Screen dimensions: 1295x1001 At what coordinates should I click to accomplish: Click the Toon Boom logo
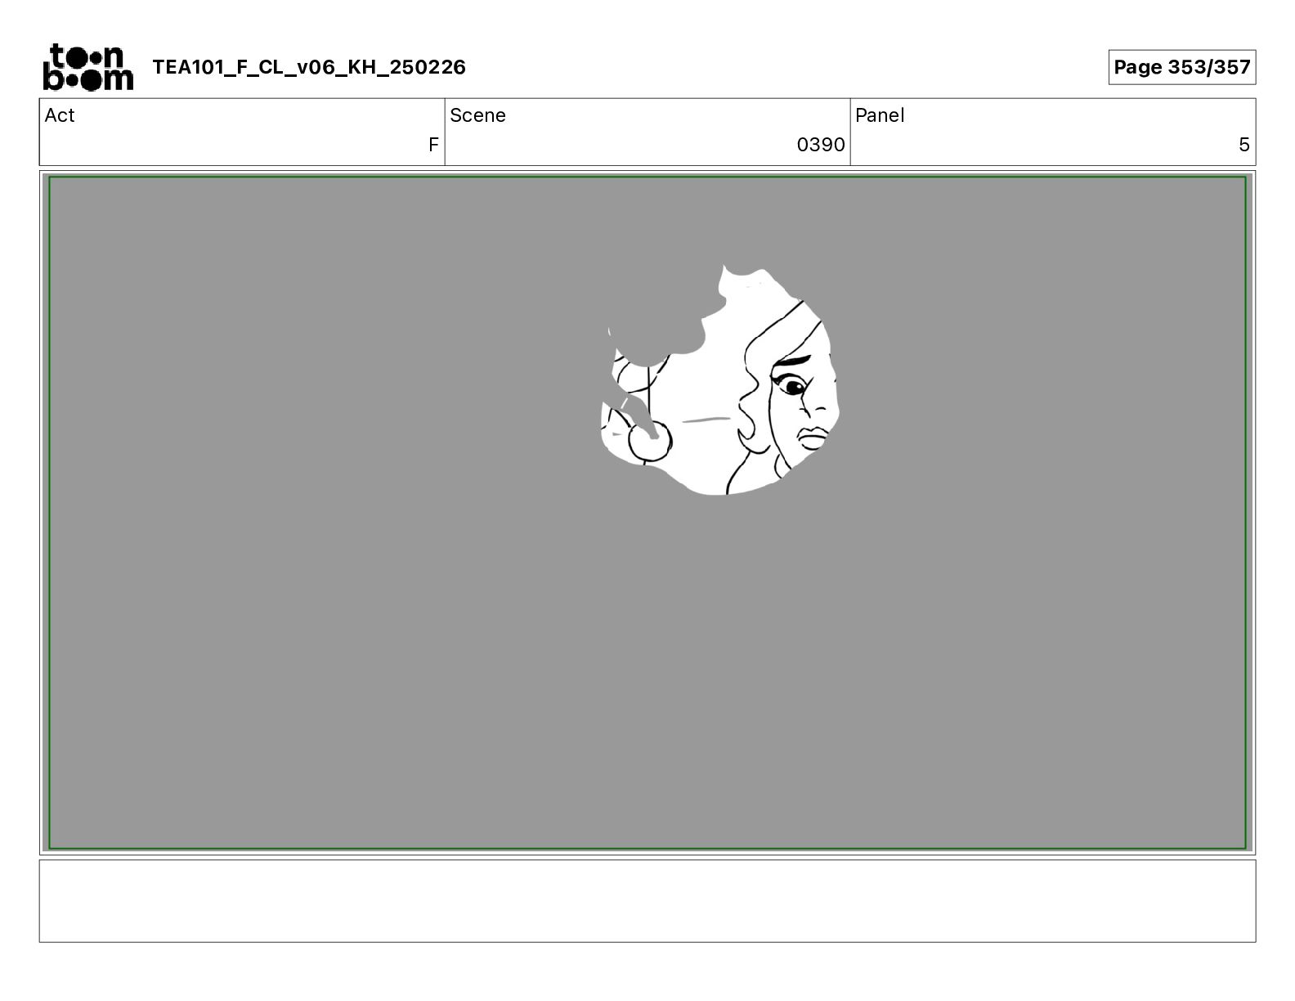[88, 67]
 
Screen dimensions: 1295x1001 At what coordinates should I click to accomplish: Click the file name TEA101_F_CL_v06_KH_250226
[309, 67]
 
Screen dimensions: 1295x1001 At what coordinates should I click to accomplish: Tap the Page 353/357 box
[1181, 67]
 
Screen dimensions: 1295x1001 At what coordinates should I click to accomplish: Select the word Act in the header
[60, 115]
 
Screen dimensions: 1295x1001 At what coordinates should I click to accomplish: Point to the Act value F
[433, 144]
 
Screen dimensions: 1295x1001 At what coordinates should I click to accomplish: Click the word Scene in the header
[477, 115]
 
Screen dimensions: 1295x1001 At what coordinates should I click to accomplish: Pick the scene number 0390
[821, 144]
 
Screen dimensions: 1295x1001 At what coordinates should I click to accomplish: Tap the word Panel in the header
[880, 115]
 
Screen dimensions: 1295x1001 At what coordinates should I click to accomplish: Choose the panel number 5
[1243, 144]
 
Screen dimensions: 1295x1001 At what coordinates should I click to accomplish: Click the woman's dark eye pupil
[795, 387]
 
